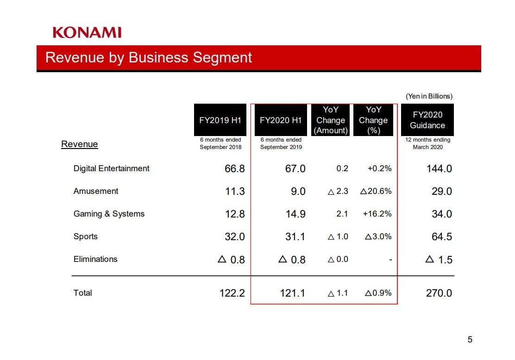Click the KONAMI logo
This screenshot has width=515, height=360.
(x=87, y=32)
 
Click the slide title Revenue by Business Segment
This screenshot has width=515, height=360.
(x=149, y=57)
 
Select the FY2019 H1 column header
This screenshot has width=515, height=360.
(x=220, y=120)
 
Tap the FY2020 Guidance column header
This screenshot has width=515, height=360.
(x=427, y=120)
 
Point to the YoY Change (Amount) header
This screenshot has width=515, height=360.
(x=330, y=120)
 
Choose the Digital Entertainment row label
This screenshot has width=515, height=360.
(x=111, y=168)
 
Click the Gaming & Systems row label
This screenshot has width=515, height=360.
(x=109, y=214)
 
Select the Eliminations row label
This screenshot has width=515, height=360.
(x=95, y=259)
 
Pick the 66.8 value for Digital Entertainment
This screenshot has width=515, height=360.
(x=234, y=169)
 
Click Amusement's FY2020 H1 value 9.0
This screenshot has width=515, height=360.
(x=298, y=192)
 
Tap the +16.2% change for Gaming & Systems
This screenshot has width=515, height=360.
(x=379, y=214)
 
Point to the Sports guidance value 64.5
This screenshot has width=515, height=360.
(x=441, y=237)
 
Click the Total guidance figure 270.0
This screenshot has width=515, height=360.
(x=439, y=293)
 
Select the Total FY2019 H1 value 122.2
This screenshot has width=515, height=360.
(x=232, y=293)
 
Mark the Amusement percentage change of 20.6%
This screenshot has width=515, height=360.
(x=376, y=191)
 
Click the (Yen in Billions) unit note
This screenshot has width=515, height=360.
(x=429, y=96)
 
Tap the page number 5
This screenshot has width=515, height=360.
(x=470, y=340)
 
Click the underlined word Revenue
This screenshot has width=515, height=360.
(x=80, y=144)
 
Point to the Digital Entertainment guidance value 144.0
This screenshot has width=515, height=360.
(x=439, y=169)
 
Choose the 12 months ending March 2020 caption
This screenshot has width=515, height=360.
(x=427, y=143)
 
